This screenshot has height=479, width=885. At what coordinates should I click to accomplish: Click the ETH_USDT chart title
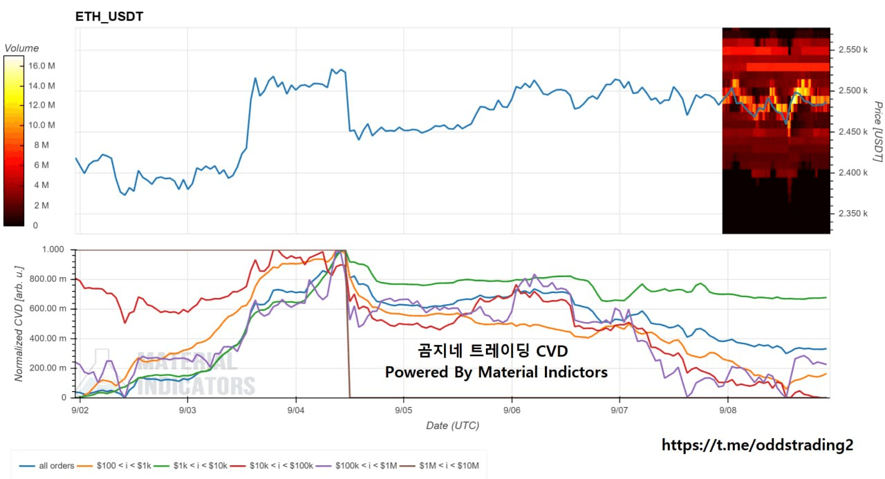[109, 17]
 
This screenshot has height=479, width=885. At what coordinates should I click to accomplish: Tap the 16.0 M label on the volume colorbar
[41, 66]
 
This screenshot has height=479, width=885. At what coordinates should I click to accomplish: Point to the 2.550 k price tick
[853, 50]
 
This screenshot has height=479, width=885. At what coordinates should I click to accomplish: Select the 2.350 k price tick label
[853, 214]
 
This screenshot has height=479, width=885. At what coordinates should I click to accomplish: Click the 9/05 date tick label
[403, 411]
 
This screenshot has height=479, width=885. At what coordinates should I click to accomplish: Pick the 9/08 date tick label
[728, 411]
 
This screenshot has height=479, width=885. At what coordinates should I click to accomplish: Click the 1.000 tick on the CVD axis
[53, 249]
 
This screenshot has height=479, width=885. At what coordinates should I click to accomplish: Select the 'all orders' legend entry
[46, 466]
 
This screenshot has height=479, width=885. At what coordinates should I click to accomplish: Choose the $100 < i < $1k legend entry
[114, 466]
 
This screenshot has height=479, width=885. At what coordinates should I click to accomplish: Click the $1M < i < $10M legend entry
[439, 466]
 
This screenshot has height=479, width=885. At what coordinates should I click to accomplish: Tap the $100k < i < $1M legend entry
[356, 466]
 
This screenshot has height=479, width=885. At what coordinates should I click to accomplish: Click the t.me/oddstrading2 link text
[757, 445]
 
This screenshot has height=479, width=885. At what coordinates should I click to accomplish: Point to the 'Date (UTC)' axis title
[452, 426]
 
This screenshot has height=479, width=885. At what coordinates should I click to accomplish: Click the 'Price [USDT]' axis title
[877, 131]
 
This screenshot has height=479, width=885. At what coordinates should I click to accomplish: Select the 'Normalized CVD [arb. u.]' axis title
[19, 323]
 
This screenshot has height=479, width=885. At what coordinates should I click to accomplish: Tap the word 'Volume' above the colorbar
[21, 48]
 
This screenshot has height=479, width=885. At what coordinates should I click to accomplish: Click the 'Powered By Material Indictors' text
[496, 372]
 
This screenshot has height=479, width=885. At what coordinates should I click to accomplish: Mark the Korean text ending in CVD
[493, 350]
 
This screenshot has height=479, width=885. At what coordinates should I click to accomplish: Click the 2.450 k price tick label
[853, 132]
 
